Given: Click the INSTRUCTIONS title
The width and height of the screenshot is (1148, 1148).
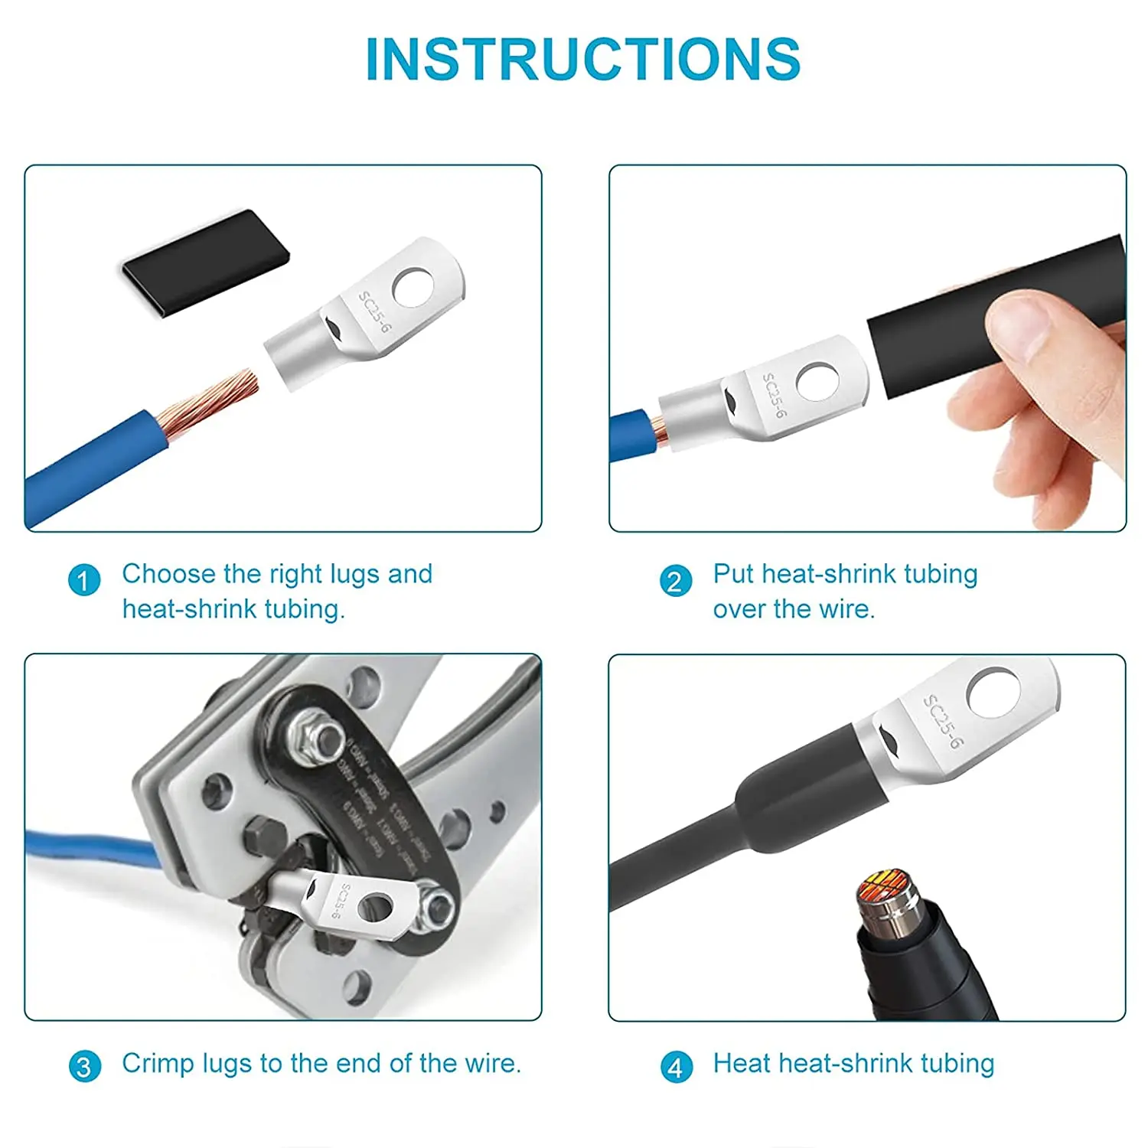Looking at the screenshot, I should click(582, 59).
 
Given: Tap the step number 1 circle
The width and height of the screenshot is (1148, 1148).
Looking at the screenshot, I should click(84, 580).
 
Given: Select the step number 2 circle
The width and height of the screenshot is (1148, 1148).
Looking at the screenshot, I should click(675, 581).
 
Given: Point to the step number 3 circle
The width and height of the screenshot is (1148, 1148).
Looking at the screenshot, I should click(84, 1066).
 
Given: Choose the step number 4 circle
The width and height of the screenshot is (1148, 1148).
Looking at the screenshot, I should click(676, 1067).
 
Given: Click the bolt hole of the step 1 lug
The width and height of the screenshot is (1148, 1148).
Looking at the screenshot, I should click(413, 288).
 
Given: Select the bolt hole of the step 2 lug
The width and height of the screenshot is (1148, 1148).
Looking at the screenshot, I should click(817, 381).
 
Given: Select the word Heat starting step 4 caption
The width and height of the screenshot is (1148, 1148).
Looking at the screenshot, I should click(741, 1064).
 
